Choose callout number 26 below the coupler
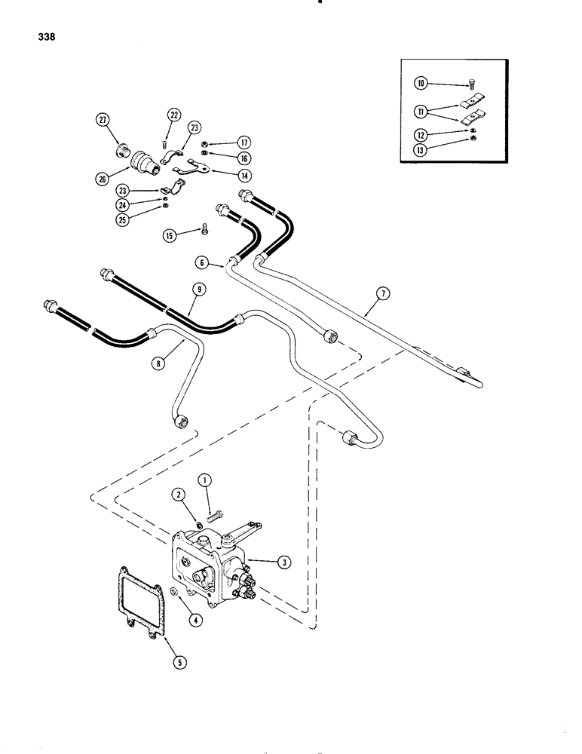pos(103,179)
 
